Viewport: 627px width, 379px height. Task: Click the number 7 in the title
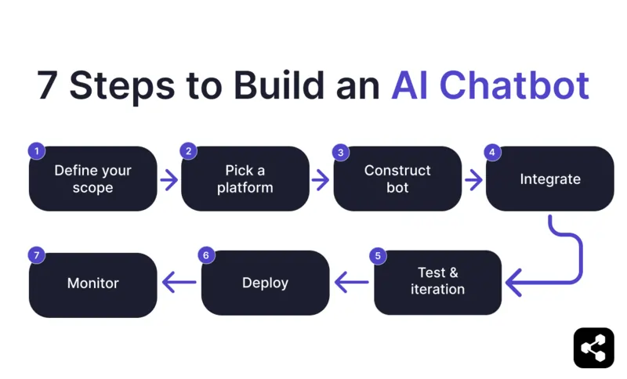pyautogui.click(x=48, y=85)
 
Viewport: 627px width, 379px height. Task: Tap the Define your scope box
pyautogui.click(x=93, y=179)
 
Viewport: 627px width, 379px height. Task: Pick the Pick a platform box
pyautogui.click(x=245, y=179)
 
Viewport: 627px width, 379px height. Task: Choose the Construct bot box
pyautogui.click(x=397, y=179)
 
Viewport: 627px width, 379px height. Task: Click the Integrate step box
pyautogui.click(x=549, y=179)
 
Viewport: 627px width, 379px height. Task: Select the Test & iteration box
pyautogui.click(x=437, y=282)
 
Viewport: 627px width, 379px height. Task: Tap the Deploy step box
pyautogui.click(x=265, y=283)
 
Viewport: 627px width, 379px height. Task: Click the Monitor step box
pyautogui.click(x=93, y=283)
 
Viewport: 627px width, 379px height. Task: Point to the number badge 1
pyautogui.click(x=35, y=151)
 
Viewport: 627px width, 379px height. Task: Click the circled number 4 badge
pyautogui.click(x=492, y=152)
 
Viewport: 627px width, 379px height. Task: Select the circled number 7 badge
pyautogui.click(x=35, y=255)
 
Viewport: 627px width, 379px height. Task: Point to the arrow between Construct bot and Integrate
pyautogui.click(x=473, y=180)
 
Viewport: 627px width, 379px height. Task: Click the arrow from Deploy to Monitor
pyautogui.click(x=179, y=283)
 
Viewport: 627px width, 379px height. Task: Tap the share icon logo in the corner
pyautogui.click(x=593, y=348)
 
